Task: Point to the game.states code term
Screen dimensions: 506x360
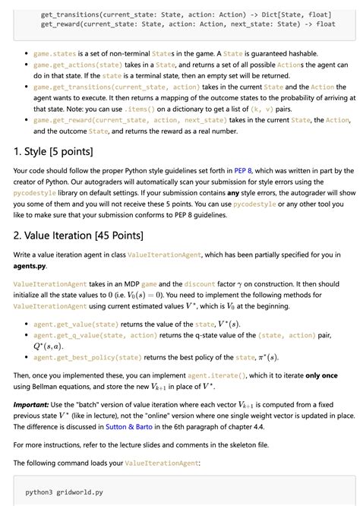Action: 55,54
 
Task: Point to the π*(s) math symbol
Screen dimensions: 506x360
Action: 267,357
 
